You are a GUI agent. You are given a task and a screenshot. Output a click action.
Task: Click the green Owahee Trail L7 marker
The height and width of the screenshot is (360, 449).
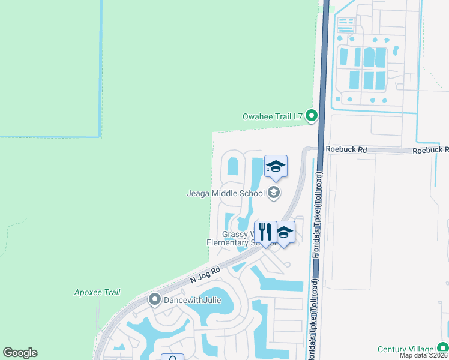coord(311,116)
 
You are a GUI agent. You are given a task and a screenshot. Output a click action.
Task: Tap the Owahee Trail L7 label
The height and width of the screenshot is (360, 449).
coord(272,116)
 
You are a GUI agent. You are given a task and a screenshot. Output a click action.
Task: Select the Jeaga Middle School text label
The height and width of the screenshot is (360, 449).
coord(226,193)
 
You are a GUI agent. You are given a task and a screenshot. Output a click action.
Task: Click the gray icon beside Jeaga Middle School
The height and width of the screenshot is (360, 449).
coord(274,193)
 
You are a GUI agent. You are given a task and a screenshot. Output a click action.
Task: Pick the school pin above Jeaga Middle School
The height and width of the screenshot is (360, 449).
coord(276,167)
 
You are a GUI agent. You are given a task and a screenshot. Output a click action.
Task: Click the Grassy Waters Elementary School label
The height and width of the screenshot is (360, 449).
coord(238,238)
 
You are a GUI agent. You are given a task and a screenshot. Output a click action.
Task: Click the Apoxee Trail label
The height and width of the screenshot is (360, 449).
coord(97,292)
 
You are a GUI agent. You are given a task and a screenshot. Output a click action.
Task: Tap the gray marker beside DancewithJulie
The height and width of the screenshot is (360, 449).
coord(155,299)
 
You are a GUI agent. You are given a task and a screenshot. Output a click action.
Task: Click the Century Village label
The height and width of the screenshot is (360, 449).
coord(405,349)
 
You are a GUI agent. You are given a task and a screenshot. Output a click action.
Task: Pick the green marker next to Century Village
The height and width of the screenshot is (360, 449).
coord(442,348)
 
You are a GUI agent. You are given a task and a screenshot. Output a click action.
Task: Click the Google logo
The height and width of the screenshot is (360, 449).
coord(20,352)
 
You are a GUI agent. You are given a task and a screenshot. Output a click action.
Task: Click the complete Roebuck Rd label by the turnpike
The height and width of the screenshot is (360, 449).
coord(346,149)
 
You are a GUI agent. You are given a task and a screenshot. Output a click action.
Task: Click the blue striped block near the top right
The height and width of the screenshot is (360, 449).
coord(345,25)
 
